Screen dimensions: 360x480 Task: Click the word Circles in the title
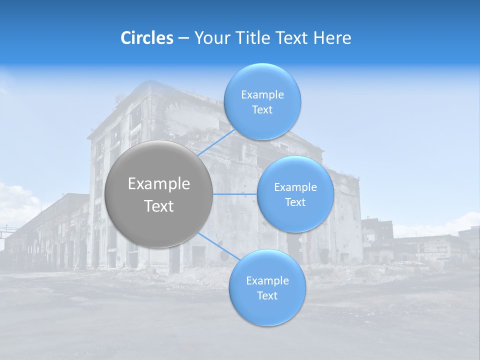(x=147, y=38)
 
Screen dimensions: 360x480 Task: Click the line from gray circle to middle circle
(x=235, y=194)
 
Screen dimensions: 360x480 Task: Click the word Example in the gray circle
(x=159, y=184)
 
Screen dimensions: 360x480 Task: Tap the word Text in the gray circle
(x=159, y=206)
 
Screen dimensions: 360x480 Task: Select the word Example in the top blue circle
(x=262, y=95)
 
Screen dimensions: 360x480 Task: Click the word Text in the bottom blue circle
(x=267, y=295)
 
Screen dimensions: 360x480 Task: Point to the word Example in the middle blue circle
(x=295, y=187)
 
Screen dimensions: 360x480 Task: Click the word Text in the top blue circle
(x=262, y=110)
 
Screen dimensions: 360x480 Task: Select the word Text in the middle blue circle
(x=295, y=202)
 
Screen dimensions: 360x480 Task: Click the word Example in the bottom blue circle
(x=267, y=281)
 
